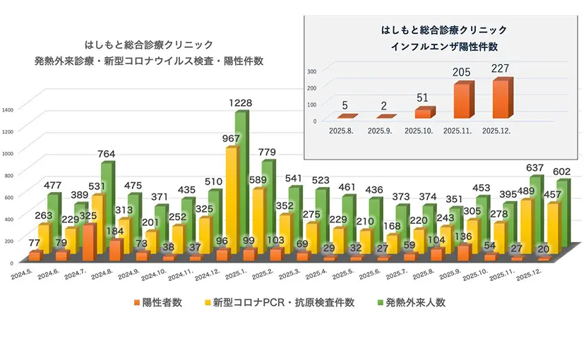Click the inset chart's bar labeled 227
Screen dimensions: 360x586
pyautogui.click(x=502, y=99)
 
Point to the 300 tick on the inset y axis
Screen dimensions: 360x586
pyautogui.click(x=312, y=71)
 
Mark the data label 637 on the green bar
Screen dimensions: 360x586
pyautogui.click(x=534, y=168)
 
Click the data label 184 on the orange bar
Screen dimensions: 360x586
pyautogui.click(x=114, y=231)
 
